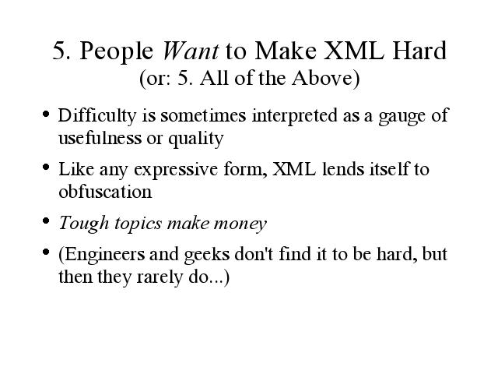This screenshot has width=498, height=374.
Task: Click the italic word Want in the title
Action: (x=190, y=51)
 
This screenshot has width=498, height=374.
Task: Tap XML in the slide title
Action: (x=354, y=51)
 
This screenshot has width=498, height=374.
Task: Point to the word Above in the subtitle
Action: (x=326, y=78)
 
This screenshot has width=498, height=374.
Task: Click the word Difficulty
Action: (x=97, y=116)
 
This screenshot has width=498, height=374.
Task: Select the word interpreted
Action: (x=294, y=116)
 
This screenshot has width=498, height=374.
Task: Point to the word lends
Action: (x=342, y=169)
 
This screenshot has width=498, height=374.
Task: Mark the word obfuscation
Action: (x=105, y=192)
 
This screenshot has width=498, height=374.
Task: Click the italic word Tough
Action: (x=84, y=224)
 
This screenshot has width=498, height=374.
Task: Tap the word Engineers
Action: (x=101, y=256)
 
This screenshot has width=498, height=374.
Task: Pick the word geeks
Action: (x=206, y=256)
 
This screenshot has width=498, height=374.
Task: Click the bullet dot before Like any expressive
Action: (x=46, y=167)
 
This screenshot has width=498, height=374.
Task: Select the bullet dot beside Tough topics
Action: (x=46, y=221)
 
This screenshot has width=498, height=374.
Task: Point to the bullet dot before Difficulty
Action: (x=46, y=114)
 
